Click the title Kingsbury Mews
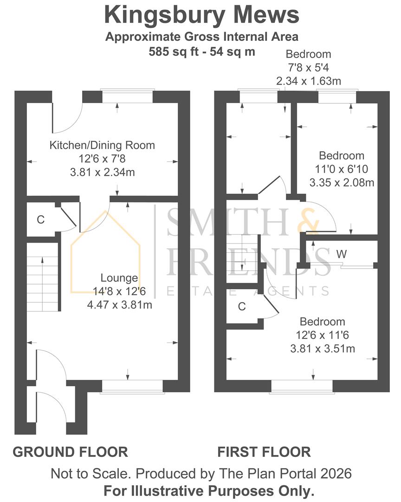click(x=202, y=15)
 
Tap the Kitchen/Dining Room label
click(x=102, y=145)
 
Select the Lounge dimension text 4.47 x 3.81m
click(x=120, y=305)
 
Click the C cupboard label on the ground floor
click(x=41, y=219)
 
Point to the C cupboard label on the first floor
click(x=242, y=307)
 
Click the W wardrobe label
click(x=342, y=254)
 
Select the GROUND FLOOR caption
click(x=71, y=452)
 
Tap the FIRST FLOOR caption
click(x=264, y=452)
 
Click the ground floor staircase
click(x=43, y=277)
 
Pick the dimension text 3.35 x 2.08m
click(x=342, y=183)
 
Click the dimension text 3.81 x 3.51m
click(x=323, y=349)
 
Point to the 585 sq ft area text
click(x=174, y=52)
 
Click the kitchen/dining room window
click(x=128, y=96)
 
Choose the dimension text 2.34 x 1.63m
click(x=309, y=81)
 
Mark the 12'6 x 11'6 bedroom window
click(x=302, y=387)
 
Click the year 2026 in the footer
click(x=336, y=474)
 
